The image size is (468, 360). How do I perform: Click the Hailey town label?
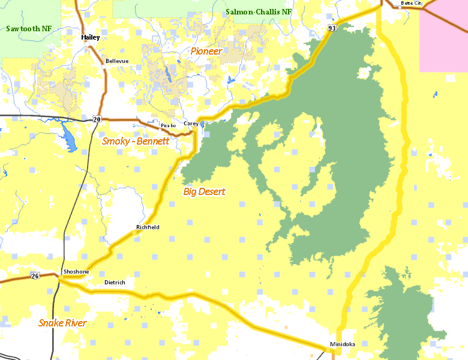point(91,37)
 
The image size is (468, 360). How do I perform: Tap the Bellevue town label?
point(117,61)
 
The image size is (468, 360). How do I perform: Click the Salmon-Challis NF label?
point(259,12)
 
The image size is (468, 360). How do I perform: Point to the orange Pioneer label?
point(206,51)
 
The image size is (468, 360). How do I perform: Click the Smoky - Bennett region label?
point(135,141)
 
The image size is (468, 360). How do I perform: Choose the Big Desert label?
point(204,191)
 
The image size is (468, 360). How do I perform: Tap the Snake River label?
point(62,323)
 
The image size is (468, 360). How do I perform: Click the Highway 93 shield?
point(332,28)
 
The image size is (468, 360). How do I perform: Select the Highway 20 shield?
point(97,119)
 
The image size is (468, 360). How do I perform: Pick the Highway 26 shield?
point(35,275)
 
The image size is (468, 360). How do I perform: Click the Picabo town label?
point(168,125)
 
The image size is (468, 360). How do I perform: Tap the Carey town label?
point(191,123)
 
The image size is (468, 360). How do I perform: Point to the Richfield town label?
point(148,227)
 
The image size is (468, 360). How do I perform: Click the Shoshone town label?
point(76,272)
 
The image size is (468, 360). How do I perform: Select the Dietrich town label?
point(115,282)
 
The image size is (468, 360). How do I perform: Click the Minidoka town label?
point(342,344)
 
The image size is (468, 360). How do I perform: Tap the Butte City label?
point(412,4)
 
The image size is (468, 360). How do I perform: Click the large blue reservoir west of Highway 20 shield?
point(68,137)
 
